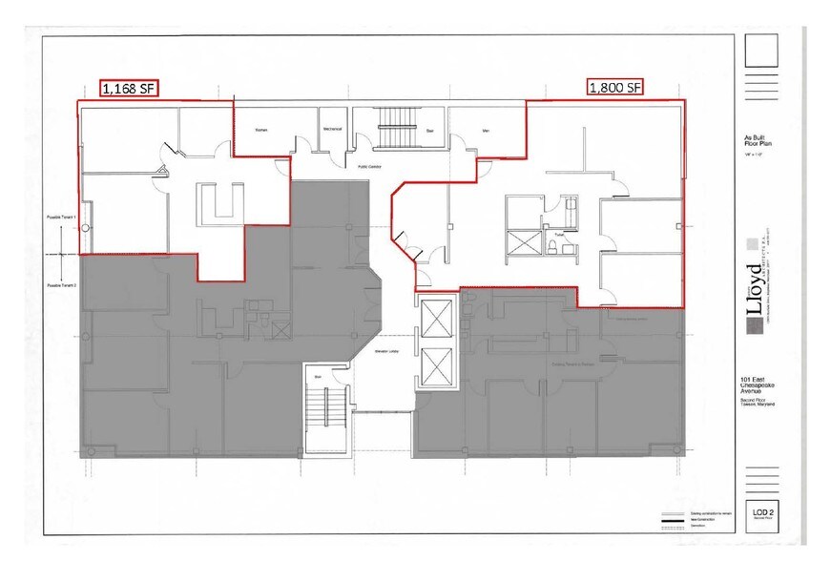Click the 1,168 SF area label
[129, 89]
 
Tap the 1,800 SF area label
[614, 88]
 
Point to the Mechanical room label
[332, 129]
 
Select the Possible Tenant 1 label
[61, 218]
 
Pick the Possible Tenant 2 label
[61, 285]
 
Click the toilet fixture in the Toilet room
[552, 245]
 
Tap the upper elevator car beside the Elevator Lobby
[435, 319]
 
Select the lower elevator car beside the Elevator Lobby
[435, 365]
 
